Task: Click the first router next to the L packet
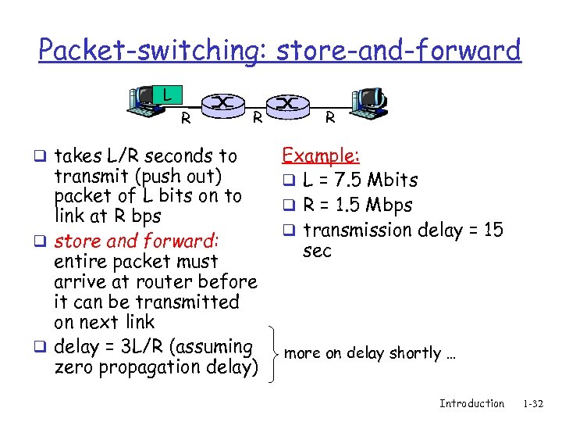tap(222, 103)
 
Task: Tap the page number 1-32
tap(534, 403)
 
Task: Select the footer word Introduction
tap(471, 403)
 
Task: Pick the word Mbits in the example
tap(393, 180)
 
